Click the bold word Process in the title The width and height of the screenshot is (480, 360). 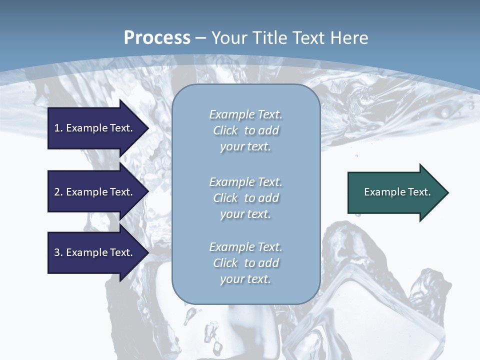(157, 38)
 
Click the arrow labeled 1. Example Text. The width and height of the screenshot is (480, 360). (93, 128)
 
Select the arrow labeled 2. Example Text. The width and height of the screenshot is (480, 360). (93, 192)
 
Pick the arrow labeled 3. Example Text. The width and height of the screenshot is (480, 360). (93, 252)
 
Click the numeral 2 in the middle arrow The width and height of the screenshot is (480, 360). (57, 192)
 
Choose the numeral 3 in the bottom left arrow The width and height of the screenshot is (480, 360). (57, 252)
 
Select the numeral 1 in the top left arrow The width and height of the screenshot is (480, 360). (57, 128)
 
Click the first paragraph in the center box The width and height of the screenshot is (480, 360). (245, 130)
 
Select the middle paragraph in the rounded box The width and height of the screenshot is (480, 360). (245, 198)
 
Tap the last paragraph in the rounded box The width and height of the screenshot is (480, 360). (245, 263)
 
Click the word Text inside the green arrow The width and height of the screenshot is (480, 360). (419, 192)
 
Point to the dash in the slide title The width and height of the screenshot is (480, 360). (201, 38)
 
